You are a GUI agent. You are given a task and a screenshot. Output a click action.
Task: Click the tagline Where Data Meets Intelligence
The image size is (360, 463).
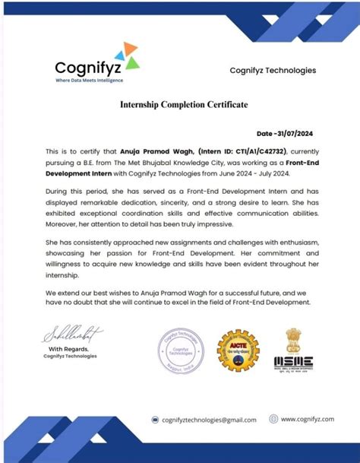(x=89, y=80)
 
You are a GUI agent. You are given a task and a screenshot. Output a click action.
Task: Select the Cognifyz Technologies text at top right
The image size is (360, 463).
(x=273, y=71)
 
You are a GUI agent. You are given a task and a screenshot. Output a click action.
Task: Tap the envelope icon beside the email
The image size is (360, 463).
(x=154, y=420)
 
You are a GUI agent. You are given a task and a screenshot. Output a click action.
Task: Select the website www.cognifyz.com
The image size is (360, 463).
(x=308, y=419)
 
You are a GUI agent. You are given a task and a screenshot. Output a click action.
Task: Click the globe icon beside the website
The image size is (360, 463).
(x=273, y=419)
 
